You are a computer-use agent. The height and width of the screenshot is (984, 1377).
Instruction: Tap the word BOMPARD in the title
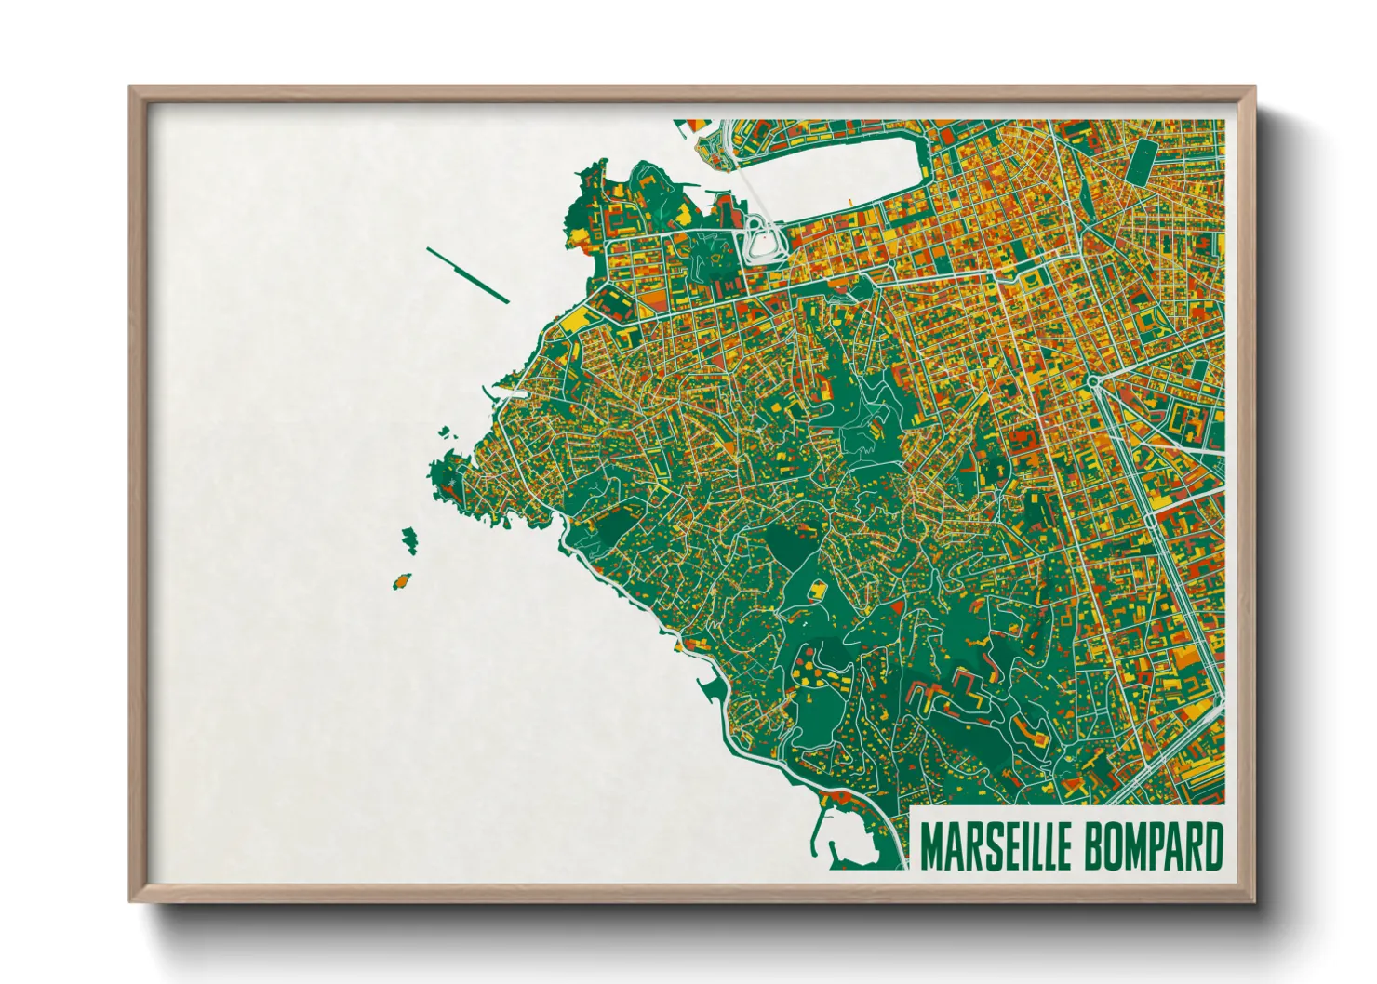(1142, 846)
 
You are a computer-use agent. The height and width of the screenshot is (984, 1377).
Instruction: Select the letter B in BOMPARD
(1067, 846)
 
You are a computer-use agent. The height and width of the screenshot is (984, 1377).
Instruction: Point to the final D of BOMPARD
(1210, 846)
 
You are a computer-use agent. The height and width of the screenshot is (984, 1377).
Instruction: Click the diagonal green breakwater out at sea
(467, 274)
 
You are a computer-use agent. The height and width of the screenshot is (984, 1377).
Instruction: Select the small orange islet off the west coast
(402, 580)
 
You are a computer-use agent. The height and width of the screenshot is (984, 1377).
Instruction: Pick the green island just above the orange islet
(409, 539)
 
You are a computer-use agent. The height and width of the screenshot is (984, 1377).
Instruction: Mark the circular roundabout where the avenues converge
(1092, 381)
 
